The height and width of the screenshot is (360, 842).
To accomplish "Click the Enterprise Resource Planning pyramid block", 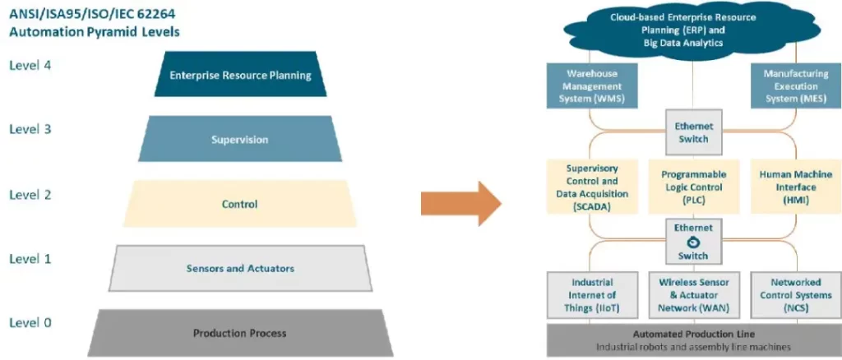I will [x=240, y=76].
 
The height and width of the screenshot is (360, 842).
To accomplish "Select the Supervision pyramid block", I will [x=239, y=139].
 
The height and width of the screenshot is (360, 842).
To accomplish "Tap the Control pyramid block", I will [x=239, y=204].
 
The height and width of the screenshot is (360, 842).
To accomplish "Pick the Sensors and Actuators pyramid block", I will [x=239, y=268].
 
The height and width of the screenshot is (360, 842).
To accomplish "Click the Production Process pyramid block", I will [x=239, y=333].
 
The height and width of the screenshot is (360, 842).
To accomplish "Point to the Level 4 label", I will [x=30, y=65].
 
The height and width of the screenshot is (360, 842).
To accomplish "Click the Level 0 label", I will [x=30, y=322].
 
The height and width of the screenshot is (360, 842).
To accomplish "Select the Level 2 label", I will [x=30, y=194].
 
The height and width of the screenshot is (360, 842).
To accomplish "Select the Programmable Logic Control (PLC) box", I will [x=692, y=187].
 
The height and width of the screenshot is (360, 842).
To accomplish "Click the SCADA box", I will [x=592, y=187].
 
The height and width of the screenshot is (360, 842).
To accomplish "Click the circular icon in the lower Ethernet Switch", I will [x=693, y=241].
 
